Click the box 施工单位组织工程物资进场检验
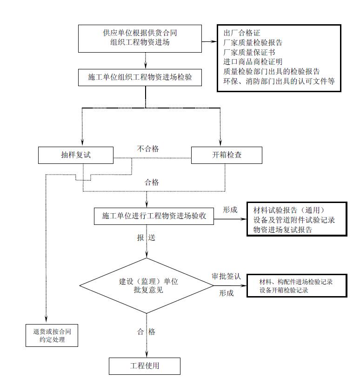point(146,78)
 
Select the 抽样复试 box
point(75,155)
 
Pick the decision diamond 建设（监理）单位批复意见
point(147,285)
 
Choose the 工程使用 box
point(145,365)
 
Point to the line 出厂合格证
point(241,34)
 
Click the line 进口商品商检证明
point(253,61)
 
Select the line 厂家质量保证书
point(249,52)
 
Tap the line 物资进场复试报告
point(282,230)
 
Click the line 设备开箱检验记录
point(284,290)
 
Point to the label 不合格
point(147,149)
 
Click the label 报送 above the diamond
point(146,237)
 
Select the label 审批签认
point(226,276)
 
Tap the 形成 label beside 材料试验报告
point(230,210)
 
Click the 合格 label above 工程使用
point(146,332)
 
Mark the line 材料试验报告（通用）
point(288,210)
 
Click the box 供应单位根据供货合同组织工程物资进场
point(146,38)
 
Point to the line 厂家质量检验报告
point(253,43)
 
